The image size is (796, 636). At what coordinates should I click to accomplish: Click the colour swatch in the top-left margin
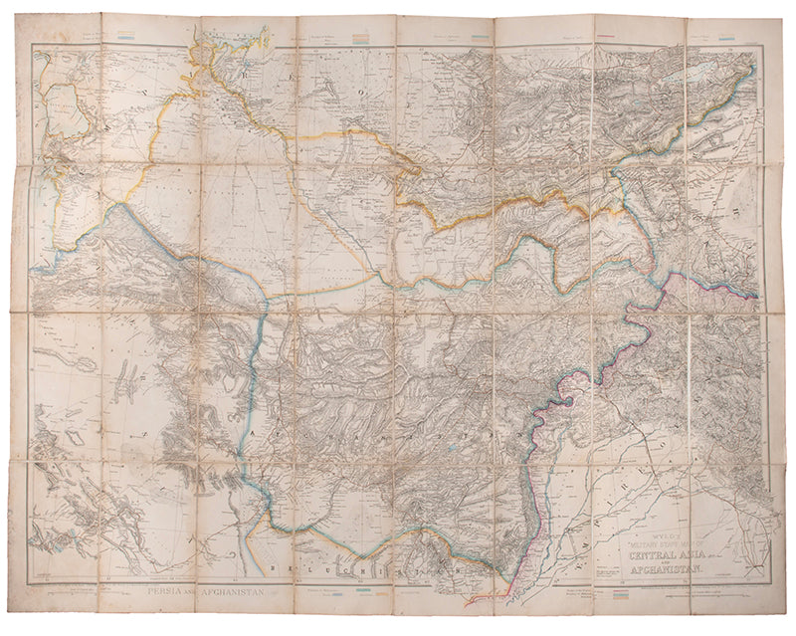124,37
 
